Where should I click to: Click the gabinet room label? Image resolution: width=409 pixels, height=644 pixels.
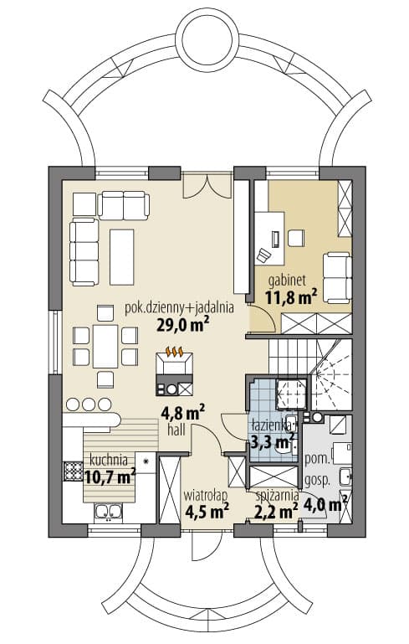(x=287, y=281)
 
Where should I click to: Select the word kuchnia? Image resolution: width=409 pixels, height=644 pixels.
(x=108, y=460)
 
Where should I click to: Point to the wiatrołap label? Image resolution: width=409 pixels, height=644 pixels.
(x=206, y=495)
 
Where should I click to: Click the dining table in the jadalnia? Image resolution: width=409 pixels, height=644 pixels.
(x=105, y=346)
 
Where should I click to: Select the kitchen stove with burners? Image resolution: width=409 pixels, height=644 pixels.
(x=73, y=471)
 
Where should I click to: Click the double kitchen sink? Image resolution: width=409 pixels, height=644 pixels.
(x=108, y=512)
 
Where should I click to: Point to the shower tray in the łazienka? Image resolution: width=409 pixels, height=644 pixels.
(x=291, y=394)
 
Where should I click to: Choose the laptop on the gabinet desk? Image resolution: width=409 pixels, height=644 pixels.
(x=276, y=239)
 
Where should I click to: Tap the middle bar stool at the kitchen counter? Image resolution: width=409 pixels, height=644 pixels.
(x=89, y=404)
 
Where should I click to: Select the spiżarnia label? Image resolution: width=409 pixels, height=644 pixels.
(x=277, y=496)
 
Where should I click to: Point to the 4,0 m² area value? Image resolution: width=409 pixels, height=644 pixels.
(x=325, y=504)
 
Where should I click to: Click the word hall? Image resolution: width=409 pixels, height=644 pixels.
(x=176, y=430)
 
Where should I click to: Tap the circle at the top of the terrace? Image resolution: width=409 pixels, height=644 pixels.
(x=209, y=41)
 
